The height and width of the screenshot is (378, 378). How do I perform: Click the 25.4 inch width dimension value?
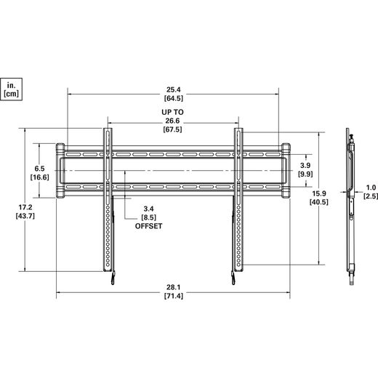point(174,89)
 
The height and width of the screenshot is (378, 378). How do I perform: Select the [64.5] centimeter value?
point(174,98)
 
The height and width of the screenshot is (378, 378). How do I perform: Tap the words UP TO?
point(172,112)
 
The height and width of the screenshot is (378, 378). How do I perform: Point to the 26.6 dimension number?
point(172,121)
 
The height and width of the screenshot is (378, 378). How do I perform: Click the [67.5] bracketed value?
point(172,129)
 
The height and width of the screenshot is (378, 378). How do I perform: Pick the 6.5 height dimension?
point(39,169)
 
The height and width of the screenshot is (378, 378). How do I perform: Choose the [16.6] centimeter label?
point(39,177)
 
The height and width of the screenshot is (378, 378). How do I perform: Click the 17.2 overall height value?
point(25,207)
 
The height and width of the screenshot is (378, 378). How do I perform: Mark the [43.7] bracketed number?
point(25,216)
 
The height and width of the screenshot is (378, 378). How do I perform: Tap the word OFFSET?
point(148,226)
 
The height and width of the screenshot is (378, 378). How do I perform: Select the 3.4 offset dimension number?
point(148,209)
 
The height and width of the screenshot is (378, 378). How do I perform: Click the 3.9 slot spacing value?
point(305,165)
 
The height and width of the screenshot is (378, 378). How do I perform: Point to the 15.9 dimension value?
point(319,193)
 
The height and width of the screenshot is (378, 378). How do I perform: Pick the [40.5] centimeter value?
point(319,202)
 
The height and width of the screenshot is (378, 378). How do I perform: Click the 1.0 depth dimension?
point(371,188)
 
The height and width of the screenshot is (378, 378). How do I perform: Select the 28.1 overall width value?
point(174,287)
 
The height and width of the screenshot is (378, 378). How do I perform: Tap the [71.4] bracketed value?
point(174,296)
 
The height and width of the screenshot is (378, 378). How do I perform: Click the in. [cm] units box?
point(11,89)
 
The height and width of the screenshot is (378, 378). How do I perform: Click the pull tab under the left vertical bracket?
point(113,278)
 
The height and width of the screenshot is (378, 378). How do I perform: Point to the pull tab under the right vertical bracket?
point(233,278)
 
